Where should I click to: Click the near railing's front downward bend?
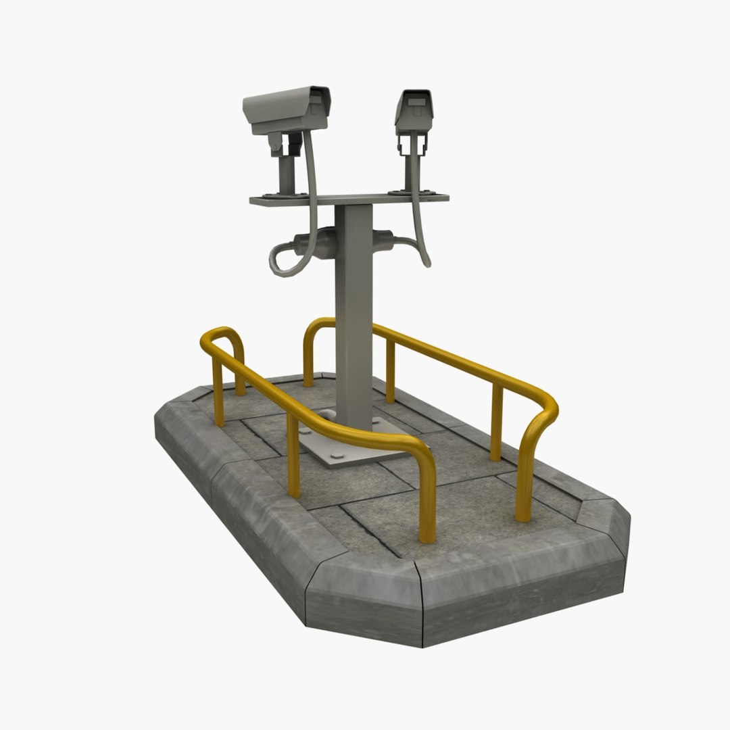point(424,473)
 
